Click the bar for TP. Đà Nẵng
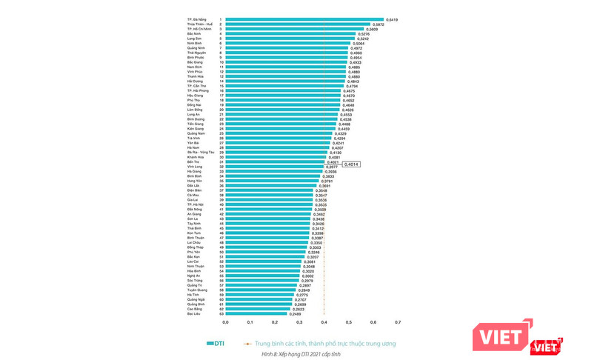304,19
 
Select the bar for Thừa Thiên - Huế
297,24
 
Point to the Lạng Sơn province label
195,39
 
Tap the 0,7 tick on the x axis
398,322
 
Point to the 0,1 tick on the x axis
250,322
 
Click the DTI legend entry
216,343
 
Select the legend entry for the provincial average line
322,343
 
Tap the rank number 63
221,313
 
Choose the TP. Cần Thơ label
196,86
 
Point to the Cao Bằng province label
196,308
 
